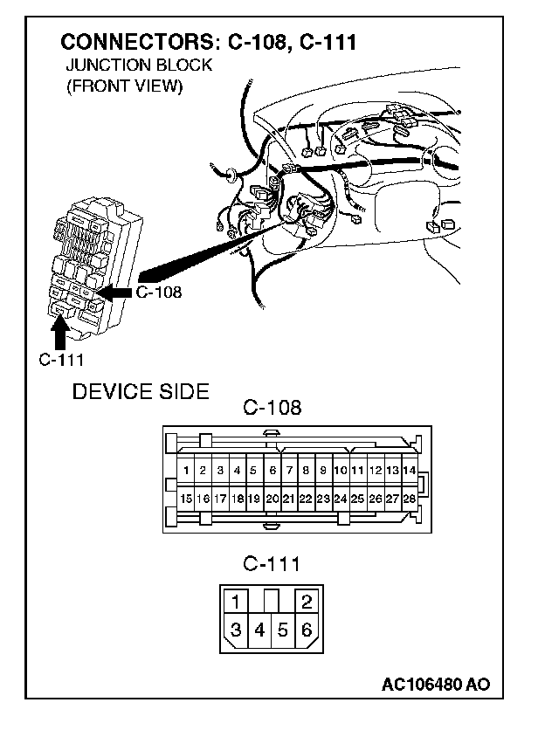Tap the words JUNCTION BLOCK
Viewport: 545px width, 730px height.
139,67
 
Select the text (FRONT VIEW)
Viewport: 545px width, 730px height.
124,87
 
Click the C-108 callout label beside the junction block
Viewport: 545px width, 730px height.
159,293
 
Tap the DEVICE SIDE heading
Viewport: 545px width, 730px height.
141,391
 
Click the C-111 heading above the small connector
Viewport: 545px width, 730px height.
271,564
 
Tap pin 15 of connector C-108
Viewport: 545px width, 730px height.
186,499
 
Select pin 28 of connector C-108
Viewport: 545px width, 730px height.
409,499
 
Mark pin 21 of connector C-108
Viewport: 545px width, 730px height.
288,499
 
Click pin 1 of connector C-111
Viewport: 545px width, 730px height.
237,602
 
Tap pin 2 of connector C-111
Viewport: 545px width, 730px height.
306,602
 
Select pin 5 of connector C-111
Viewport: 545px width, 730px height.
283,630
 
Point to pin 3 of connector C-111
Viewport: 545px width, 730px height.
237,630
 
